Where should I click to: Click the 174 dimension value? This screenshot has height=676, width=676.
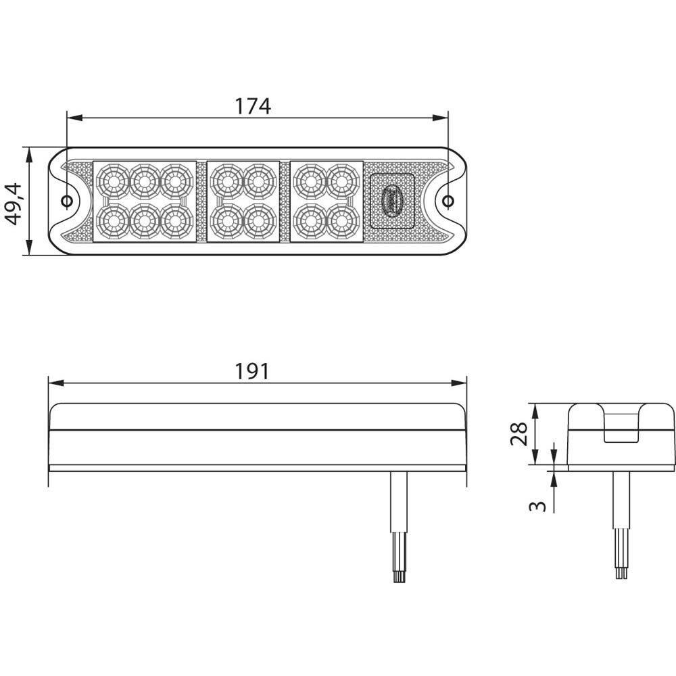point(252,106)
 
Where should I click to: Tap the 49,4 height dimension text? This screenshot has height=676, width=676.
point(14,201)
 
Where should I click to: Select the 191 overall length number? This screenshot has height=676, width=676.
point(252,371)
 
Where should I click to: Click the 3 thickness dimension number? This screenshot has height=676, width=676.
point(537,504)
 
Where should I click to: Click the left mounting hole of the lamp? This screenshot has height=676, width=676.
point(67,201)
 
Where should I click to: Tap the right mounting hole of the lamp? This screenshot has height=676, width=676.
point(448,200)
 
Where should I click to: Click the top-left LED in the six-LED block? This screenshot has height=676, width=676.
point(112,180)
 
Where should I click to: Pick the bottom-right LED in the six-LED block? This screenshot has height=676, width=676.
point(176,219)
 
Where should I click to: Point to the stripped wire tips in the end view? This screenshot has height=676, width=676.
point(621,572)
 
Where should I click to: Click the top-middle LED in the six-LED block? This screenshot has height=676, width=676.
point(143,180)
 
